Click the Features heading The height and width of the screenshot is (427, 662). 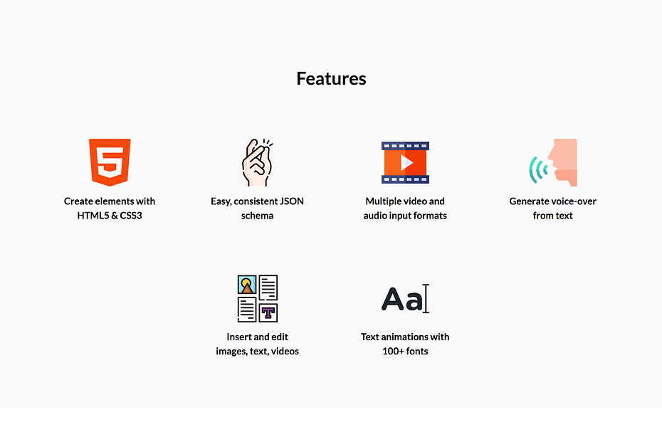pyautogui.click(x=331, y=78)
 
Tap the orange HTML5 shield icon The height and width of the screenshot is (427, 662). pyautogui.click(x=110, y=162)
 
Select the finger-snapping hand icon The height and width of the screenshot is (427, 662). pyautogui.click(x=257, y=162)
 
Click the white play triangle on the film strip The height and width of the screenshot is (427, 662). pyautogui.click(x=406, y=162)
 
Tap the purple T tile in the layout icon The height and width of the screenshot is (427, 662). pyautogui.click(x=268, y=312)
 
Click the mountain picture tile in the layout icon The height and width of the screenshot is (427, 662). pyautogui.click(x=247, y=285)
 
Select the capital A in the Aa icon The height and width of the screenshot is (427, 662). pyautogui.click(x=393, y=299)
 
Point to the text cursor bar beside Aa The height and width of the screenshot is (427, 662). pyautogui.click(x=426, y=298)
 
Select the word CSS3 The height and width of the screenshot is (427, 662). pyautogui.click(x=131, y=216)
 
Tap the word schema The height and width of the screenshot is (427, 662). pyautogui.click(x=257, y=216)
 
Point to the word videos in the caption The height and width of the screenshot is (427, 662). pyautogui.click(x=285, y=351)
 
